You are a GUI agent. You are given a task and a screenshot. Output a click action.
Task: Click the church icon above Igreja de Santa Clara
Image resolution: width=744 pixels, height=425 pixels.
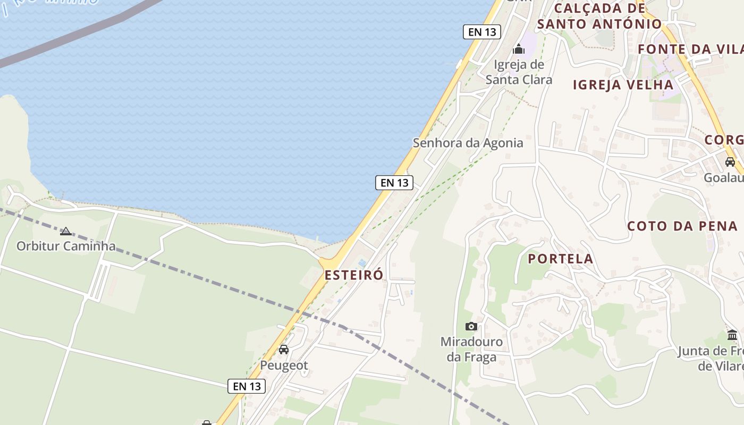click(518, 49)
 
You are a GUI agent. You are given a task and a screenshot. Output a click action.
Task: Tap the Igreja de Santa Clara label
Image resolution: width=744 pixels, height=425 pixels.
click(519, 72)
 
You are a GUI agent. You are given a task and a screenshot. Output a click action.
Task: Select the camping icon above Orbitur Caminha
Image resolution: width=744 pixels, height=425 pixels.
click(66, 231)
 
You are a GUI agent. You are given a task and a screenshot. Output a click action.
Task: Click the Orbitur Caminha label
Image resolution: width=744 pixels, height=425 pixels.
click(66, 246)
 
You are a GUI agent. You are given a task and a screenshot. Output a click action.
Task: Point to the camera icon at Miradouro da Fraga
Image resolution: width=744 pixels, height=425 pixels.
click(471, 326)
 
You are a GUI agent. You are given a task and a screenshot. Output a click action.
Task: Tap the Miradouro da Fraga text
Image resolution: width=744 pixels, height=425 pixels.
click(471, 349)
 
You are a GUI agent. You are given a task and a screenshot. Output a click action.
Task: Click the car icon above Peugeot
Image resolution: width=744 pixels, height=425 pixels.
click(284, 349)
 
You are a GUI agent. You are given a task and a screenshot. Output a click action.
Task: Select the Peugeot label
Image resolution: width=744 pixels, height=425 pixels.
click(284, 365)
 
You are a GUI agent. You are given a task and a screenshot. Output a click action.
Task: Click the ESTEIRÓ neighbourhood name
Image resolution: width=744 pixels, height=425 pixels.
click(353, 275)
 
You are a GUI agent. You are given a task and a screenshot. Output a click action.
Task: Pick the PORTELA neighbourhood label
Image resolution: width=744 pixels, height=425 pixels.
click(560, 259)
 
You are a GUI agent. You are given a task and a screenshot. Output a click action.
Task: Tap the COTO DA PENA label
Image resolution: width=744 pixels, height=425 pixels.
click(682, 226)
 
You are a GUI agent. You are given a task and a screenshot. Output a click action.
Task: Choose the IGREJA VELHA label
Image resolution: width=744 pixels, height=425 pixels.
click(623, 84)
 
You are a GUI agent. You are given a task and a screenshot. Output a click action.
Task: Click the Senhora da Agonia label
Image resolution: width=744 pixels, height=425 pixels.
click(468, 143)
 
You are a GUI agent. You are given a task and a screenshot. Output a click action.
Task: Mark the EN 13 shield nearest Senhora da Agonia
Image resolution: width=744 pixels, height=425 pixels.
click(394, 183)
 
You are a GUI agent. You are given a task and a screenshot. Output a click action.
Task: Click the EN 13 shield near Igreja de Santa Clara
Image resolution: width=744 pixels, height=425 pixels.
click(483, 32)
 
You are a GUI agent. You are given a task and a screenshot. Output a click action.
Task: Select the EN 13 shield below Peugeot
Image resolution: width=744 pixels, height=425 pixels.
click(247, 386)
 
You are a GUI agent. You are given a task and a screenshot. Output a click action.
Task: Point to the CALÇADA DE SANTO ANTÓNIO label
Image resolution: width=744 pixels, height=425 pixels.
click(599, 16)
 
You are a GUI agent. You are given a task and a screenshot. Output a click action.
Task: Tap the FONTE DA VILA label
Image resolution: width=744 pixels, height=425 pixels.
click(690, 49)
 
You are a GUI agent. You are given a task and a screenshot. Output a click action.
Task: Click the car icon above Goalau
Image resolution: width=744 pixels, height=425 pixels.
click(730, 162)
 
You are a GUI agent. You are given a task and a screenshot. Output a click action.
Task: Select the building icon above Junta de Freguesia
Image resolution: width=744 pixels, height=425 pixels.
click(732, 335)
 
